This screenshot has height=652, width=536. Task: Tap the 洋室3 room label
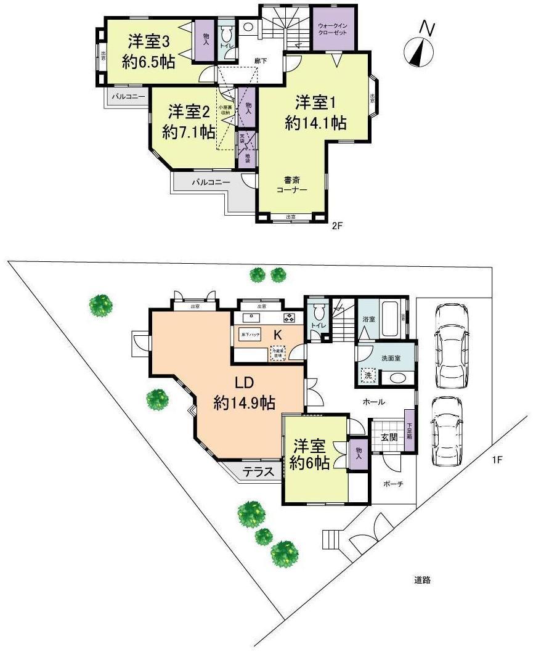[x=148, y=42]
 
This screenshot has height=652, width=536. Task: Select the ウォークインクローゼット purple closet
[x=333, y=29]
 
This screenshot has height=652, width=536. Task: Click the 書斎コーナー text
[x=291, y=185]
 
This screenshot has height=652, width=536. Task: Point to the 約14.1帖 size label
[x=315, y=122]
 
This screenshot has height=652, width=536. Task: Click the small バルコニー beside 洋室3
[x=128, y=96]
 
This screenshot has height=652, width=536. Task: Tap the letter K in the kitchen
[x=278, y=335]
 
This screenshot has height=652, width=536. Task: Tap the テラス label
[x=258, y=473]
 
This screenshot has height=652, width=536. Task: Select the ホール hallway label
[x=374, y=402]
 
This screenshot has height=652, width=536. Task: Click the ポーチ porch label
[x=392, y=484]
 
